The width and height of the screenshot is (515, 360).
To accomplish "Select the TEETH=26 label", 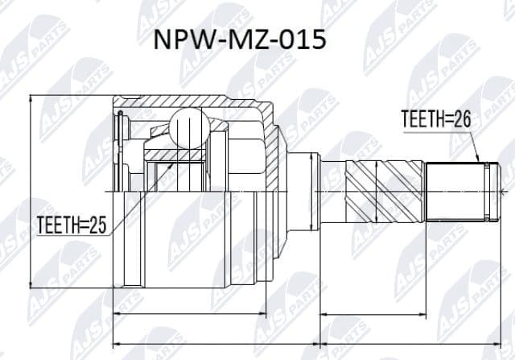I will [x=435, y=118].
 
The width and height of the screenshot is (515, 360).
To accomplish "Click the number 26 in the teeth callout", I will [x=460, y=118].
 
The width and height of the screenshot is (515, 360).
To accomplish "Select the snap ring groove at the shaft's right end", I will [x=488, y=191].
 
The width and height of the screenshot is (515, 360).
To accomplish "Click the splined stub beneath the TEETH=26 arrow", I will [x=455, y=191].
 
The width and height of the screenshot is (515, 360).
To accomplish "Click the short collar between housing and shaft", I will [x=303, y=191].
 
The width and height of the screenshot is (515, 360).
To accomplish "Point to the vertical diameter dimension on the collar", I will [x=312, y=191].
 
